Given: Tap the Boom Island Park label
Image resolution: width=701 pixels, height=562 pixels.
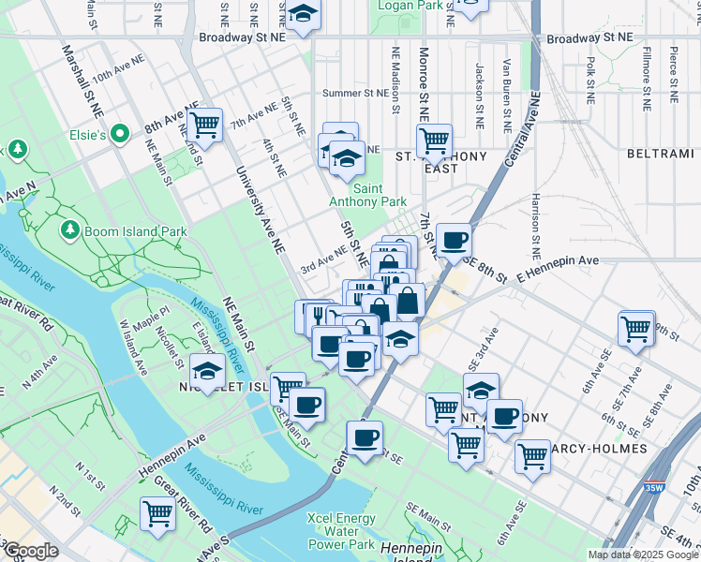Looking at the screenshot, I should coord(134,231).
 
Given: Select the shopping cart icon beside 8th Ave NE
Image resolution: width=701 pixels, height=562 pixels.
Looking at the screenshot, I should coord(204,125).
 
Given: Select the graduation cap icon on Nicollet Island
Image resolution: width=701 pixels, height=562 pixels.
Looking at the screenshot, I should coord(207,370).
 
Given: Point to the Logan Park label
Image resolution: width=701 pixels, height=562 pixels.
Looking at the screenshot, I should coord(410,6).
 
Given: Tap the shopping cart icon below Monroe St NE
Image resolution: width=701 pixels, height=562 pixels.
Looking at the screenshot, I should coord(434,141).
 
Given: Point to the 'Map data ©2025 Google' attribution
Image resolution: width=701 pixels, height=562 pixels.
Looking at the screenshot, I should coord(643,555).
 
